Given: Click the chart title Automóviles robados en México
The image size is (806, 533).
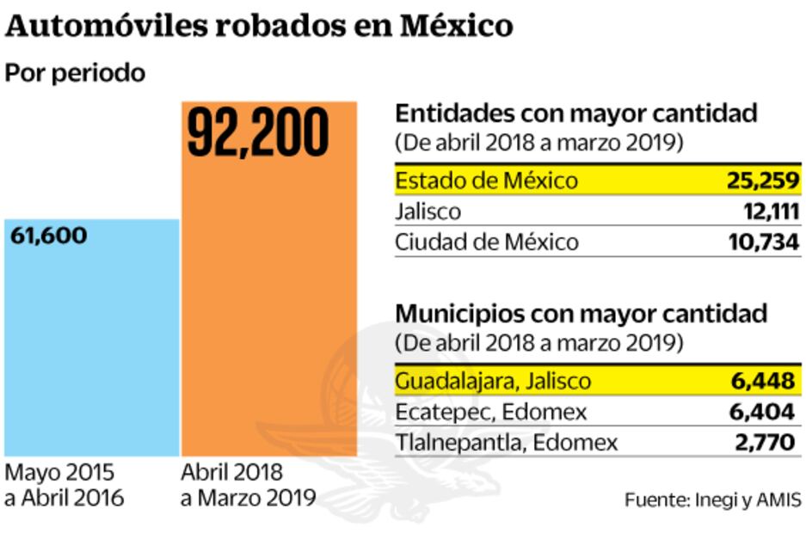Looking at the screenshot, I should pyautogui.click(x=259, y=26).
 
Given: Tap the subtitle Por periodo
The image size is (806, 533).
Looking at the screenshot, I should pyautogui.click(x=75, y=73).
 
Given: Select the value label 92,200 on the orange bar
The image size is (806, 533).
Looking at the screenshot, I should pyautogui.click(x=258, y=132).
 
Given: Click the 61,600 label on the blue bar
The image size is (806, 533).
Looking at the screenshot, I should pyautogui.click(x=49, y=236).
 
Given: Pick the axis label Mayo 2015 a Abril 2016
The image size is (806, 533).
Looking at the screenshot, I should pyautogui.click(x=65, y=486).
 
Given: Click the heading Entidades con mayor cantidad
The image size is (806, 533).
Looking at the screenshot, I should pyautogui.click(x=576, y=113).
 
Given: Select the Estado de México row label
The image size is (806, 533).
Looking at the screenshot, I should pyautogui.click(x=486, y=181).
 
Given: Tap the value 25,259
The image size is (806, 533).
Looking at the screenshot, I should pyautogui.click(x=761, y=181).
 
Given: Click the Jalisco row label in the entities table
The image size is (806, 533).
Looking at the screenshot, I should pyautogui.click(x=428, y=211).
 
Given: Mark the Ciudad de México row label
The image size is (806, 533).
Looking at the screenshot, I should pyautogui.click(x=487, y=242).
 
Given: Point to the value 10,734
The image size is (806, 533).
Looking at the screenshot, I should pyautogui.click(x=762, y=242).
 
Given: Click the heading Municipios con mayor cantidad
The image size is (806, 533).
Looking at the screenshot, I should pyautogui.click(x=581, y=313).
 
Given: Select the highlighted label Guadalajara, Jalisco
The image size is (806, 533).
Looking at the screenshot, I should pyautogui.click(x=493, y=381).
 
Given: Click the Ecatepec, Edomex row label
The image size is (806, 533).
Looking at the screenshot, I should pyautogui.click(x=490, y=412).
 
